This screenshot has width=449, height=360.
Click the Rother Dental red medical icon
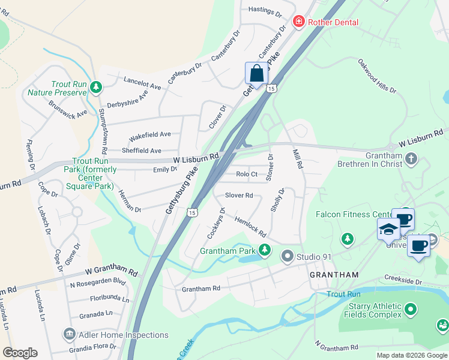[x=298, y=22]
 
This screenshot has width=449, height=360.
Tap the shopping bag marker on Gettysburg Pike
[x=256, y=74]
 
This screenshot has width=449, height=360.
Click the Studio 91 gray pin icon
[x=288, y=257]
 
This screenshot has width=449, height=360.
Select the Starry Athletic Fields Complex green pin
[x=411, y=310]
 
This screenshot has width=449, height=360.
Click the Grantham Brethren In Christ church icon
[x=411, y=159]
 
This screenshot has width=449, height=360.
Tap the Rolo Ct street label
[x=247, y=175]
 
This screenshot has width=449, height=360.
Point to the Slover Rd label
[x=239, y=195]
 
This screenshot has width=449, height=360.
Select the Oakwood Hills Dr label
[x=378, y=76]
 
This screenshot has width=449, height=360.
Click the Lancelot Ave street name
[x=142, y=83]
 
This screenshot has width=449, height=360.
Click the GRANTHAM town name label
[x=334, y=274]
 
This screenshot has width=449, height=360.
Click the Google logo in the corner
[x=20, y=353]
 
